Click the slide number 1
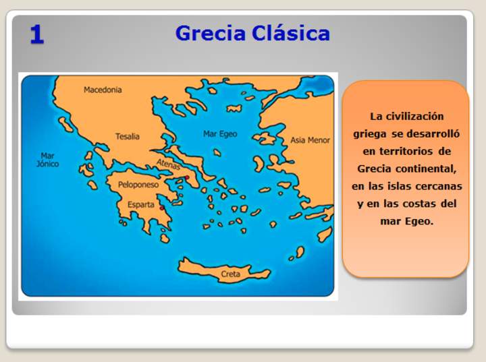(37, 34)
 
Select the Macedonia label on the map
(103, 90)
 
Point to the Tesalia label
(127, 136)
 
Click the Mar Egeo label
(220, 134)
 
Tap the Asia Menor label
(310, 140)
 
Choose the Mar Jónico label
(47, 160)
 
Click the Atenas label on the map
(168, 163)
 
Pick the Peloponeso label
(138, 184)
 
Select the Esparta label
(141, 204)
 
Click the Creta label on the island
(230, 274)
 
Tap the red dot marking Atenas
(187, 178)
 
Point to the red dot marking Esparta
(161, 208)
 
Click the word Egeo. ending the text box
(418, 221)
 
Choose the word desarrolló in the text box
(433, 133)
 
